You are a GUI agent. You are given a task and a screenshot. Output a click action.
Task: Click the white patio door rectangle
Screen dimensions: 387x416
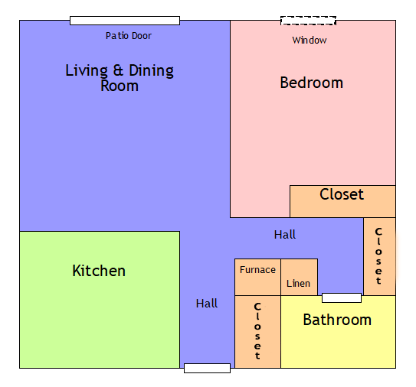[x=125, y=21]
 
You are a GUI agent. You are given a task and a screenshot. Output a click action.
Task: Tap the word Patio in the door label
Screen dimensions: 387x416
[x=116, y=36]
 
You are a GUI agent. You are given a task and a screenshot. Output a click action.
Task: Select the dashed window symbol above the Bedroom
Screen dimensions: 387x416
[x=308, y=21]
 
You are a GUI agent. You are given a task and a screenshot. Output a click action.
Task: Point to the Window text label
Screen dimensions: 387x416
[x=310, y=41]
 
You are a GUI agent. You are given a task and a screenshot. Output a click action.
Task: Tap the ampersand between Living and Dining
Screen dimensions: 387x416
[x=118, y=72]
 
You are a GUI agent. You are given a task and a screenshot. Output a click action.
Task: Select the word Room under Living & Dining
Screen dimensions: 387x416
[x=120, y=86]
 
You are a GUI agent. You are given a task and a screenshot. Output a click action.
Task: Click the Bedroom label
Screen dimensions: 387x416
[x=311, y=83]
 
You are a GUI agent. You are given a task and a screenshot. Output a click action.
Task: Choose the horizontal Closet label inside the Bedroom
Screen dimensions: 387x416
[x=342, y=195]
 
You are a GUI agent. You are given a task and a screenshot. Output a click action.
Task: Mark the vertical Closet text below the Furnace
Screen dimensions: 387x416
[x=257, y=331]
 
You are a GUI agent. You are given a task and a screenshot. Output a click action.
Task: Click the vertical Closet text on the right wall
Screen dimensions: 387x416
[x=378, y=256]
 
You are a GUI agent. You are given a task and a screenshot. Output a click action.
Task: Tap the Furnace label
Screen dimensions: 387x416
[x=257, y=270]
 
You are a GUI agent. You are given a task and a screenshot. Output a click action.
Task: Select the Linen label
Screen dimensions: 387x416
[x=298, y=284]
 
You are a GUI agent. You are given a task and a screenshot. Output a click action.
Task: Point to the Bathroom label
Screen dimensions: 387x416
[x=337, y=320]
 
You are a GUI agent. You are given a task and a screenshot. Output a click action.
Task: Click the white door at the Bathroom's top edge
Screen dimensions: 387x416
[x=342, y=298]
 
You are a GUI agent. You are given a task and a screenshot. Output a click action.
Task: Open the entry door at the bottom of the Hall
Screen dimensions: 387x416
[x=207, y=368]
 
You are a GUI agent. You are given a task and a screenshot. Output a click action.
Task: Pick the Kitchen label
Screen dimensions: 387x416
[x=99, y=272]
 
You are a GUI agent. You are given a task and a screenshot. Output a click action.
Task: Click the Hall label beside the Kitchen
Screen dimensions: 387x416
[x=207, y=304]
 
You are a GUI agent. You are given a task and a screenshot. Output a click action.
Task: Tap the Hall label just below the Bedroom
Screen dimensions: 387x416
[x=285, y=235]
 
